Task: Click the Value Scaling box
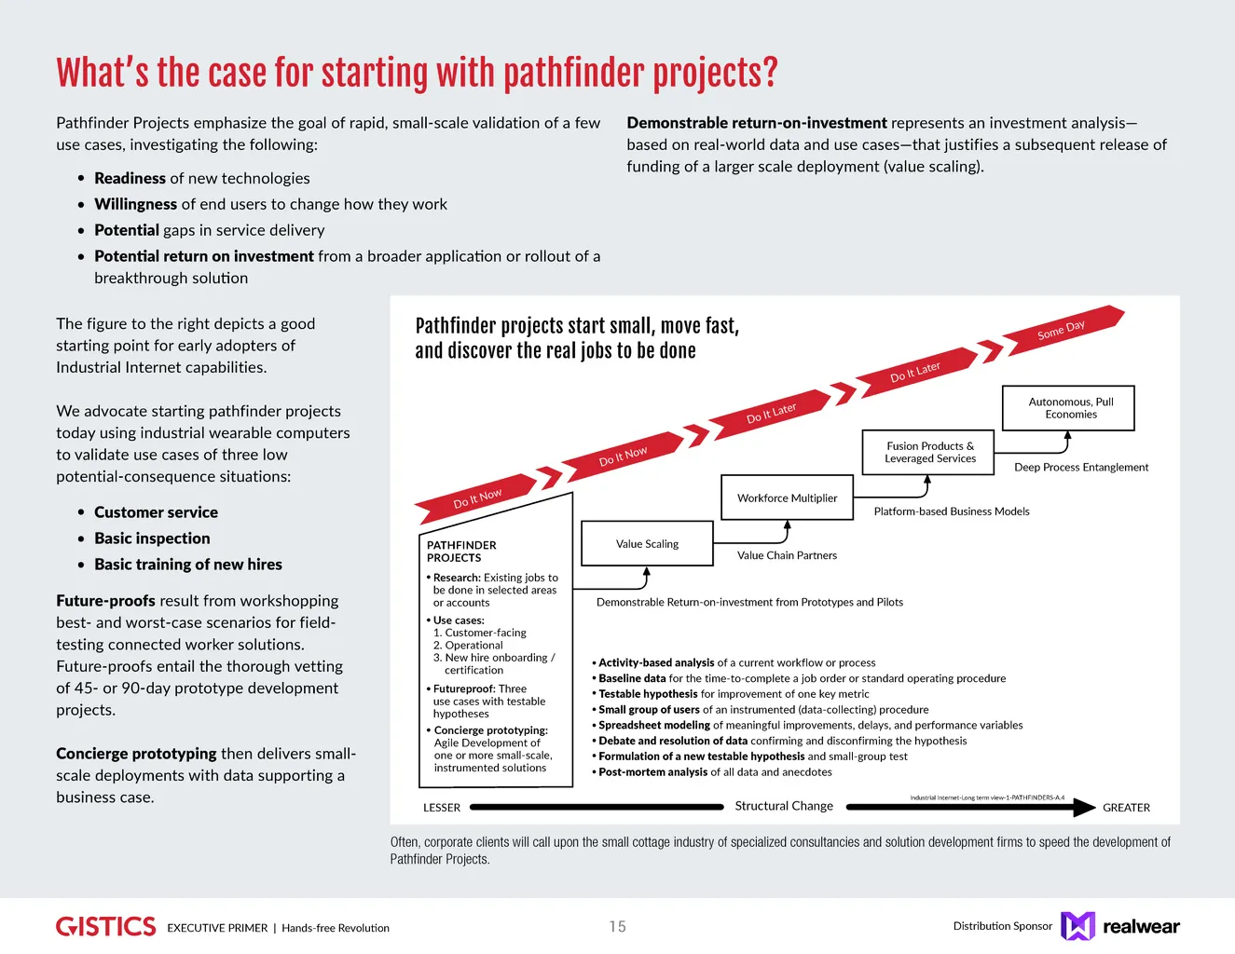(647, 544)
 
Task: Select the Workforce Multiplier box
(787, 498)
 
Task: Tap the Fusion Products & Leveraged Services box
(929, 453)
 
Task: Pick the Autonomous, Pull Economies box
(1070, 408)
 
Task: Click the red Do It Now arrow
(623, 456)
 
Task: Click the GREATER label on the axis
(1126, 808)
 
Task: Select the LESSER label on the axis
(441, 808)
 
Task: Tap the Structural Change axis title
(784, 806)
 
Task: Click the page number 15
(617, 927)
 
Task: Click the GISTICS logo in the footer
(105, 926)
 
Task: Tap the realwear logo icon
(1077, 926)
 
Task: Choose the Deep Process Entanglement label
(1081, 468)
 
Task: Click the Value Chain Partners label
(787, 555)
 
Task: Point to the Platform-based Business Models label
(952, 511)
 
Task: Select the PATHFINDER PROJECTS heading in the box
(461, 552)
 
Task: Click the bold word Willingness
(135, 204)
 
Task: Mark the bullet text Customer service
(156, 512)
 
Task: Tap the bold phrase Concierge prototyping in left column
(136, 754)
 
